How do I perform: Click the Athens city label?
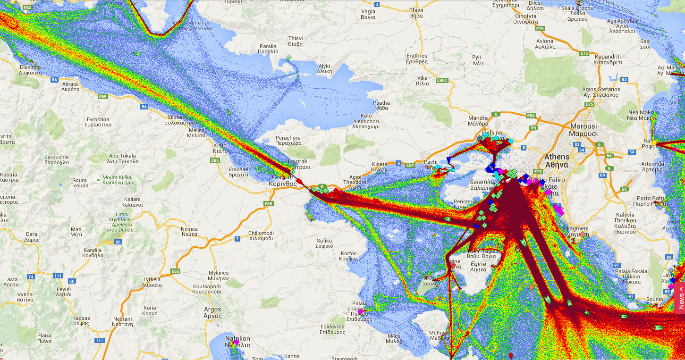557,160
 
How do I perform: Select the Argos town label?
212,313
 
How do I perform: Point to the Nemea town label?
189,231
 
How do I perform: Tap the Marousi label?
584,130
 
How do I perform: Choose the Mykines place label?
218,276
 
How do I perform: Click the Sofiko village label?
324,243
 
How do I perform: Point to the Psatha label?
381,105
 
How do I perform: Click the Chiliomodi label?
261,235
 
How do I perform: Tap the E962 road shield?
441,80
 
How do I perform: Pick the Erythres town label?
416,59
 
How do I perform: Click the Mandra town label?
478,121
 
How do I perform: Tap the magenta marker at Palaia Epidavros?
360,311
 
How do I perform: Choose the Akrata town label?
70,87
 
